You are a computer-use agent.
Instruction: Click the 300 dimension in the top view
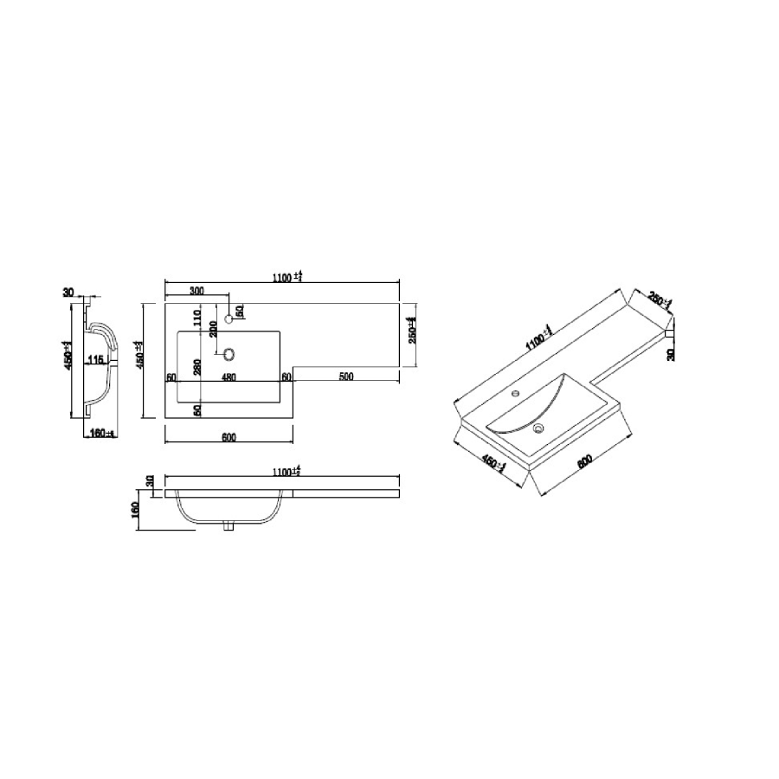[x=196, y=292]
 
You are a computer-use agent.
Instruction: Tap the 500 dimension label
[x=345, y=377]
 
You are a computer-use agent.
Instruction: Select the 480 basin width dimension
[x=229, y=377]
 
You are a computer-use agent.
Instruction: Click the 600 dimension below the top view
[x=229, y=437]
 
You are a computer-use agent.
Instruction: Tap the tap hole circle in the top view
[x=230, y=318]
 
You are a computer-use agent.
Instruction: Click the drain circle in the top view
[x=230, y=353]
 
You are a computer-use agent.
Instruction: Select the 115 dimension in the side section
[x=96, y=359]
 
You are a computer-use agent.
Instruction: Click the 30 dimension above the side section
[x=68, y=293]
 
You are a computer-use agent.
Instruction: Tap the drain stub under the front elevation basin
[x=229, y=525]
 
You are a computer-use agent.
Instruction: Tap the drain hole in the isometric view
[x=538, y=426]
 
